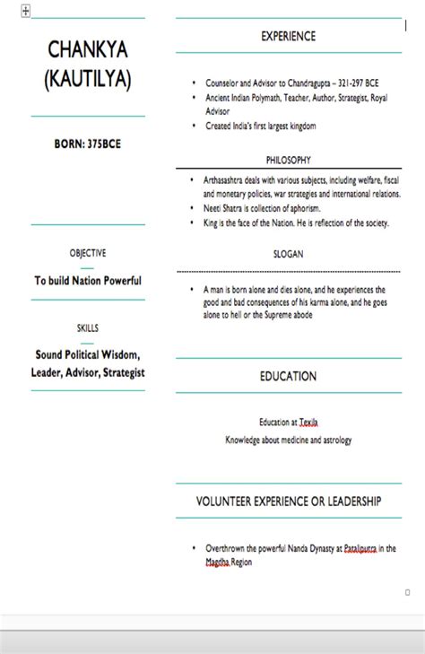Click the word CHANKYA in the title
(x=88, y=49)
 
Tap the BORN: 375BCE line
(x=87, y=144)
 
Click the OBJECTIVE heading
(x=88, y=253)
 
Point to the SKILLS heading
(x=88, y=328)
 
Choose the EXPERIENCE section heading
(x=288, y=36)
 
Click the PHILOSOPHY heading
(x=288, y=160)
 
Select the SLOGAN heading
(x=288, y=254)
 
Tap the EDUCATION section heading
(x=288, y=376)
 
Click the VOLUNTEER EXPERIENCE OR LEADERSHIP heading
(x=288, y=501)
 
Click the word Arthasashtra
(x=227, y=179)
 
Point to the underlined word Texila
(x=308, y=422)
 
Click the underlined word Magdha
(x=216, y=562)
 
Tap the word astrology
(x=335, y=440)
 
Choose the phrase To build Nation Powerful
(x=88, y=281)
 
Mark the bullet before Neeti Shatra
(x=193, y=207)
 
